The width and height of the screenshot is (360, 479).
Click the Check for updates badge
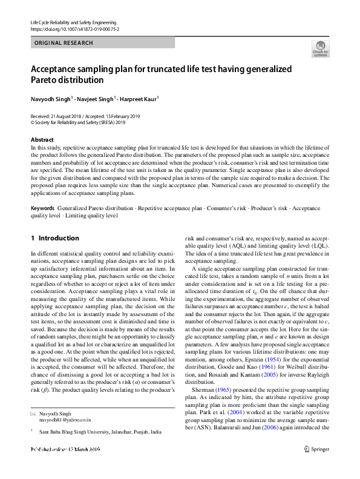coord(320,48)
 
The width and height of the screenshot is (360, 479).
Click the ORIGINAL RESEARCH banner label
coord(64,43)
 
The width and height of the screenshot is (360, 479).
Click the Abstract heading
coord(42,139)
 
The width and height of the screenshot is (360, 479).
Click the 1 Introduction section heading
coord(54,238)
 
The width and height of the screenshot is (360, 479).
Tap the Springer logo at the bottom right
coord(316,466)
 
